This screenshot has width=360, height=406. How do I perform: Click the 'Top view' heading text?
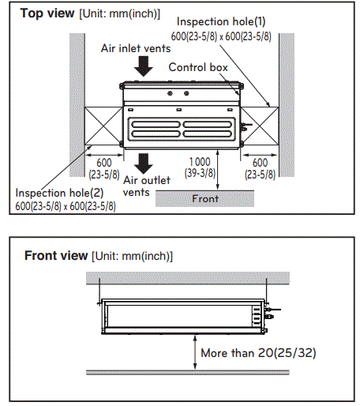tap(43, 13)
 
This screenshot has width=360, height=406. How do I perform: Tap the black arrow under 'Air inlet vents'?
tap(143, 68)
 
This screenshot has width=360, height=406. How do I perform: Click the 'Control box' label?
tap(198, 68)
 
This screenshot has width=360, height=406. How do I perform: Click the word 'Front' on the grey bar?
tap(205, 199)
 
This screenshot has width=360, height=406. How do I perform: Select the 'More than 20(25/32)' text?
tap(259, 353)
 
